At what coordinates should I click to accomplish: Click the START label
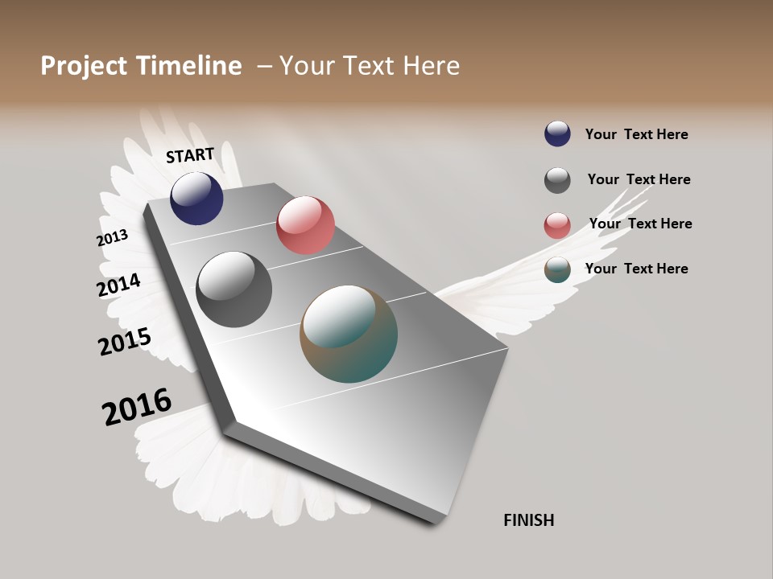click(190, 155)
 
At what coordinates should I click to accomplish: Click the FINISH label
click(528, 520)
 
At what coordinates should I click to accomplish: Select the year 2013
click(112, 238)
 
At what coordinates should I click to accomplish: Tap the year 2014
click(118, 285)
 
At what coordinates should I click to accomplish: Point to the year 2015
click(124, 341)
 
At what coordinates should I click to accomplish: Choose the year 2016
click(137, 407)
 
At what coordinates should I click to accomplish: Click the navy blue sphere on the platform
click(196, 198)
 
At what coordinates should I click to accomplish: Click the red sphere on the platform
click(305, 224)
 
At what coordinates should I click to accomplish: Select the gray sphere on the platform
click(234, 289)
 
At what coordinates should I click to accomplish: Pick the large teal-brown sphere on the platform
click(349, 334)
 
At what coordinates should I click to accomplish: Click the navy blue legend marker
click(557, 133)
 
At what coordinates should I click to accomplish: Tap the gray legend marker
click(557, 180)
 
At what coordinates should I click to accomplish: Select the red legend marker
click(557, 225)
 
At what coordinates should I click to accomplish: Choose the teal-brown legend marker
click(557, 270)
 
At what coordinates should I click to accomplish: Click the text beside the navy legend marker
click(636, 134)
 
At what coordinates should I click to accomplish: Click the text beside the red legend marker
click(640, 224)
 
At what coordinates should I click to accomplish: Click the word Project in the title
click(85, 66)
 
